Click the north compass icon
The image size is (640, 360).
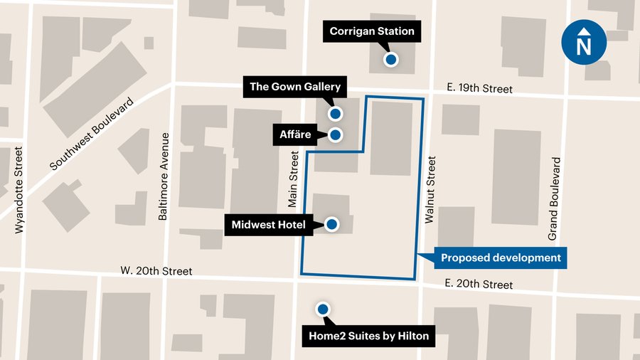(584, 44)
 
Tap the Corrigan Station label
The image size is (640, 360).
(371, 31)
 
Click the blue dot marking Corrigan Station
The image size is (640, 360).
(390, 60)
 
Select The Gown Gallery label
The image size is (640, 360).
(295, 88)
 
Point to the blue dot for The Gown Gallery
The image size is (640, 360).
(335, 113)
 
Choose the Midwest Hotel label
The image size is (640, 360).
(268, 226)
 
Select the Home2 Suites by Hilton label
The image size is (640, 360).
(368, 336)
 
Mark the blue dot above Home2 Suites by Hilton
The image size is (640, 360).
(323, 309)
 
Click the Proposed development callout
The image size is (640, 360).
(501, 258)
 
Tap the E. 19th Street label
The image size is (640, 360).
(480, 89)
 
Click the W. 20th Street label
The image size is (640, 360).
(156, 270)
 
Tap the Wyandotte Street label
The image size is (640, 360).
(19, 190)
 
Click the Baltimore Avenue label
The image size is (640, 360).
(164, 176)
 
